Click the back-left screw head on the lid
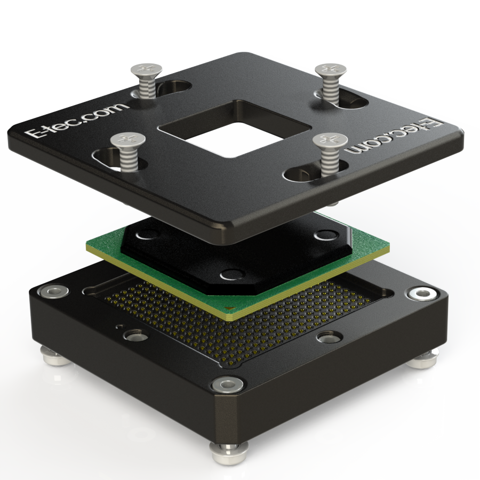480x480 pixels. click(146, 70)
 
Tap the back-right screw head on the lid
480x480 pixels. click(331, 70)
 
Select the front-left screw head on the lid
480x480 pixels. click(127, 140)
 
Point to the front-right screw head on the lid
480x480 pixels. click(330, 140)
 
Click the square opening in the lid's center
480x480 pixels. click(234, 129)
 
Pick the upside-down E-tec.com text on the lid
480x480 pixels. click(394, 135)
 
